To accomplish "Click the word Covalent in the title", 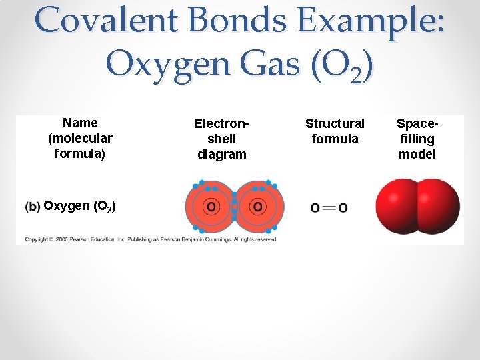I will click(x=107, y=21).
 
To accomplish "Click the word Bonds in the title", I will click(x=237, y=21).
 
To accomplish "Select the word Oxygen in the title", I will click(x=173, y=65).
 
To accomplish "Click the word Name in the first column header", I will click(x=80, y=123).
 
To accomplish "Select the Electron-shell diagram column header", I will click(x=222, y=139).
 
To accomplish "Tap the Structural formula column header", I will click(x=335, y=131).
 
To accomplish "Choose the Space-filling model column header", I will click(x=417, y=139).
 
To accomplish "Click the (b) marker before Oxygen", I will click(x=33, y=207).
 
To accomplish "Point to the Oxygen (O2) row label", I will click(x=79, y=206).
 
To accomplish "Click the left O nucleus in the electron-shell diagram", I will click(x=211, y=207).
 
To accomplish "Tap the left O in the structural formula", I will click(x=315, y=208).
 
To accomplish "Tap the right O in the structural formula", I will click(x=343, y=208).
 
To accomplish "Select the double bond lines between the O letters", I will click(x=329, y=208).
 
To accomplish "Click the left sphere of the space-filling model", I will click(x=397, y=205).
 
